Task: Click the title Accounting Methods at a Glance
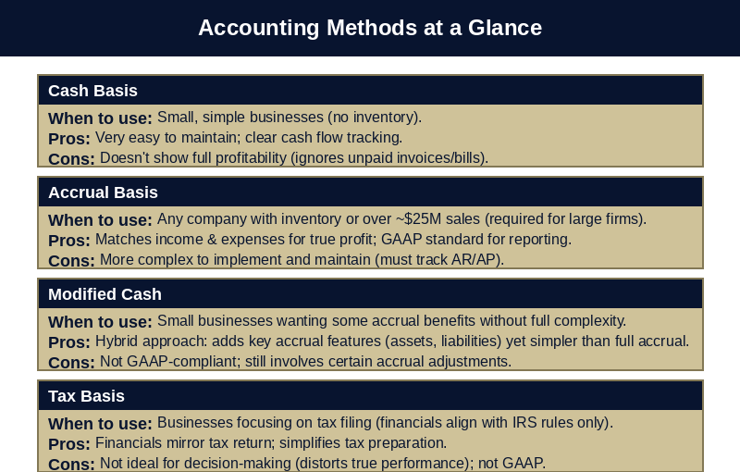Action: coord(370,28)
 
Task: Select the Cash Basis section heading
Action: coord(92,91)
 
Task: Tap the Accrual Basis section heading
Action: coord(103,193)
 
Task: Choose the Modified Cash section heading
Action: coord(105,294)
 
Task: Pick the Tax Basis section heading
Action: coord(86,396)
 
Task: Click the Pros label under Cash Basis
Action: coord(69,138)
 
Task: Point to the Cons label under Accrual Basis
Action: coord(71,260)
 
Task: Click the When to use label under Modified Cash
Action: coord(100,321)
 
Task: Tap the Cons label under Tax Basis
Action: coord(71,464)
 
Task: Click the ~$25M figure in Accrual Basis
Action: coord(420,219)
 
